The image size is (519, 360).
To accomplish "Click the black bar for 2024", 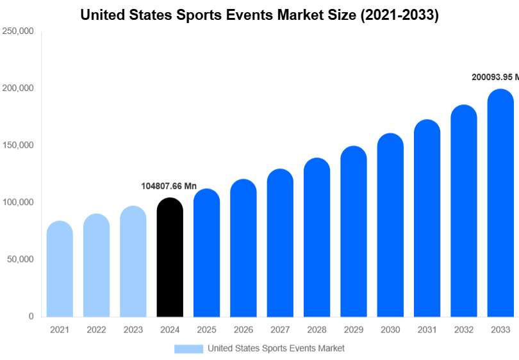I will pyautogui.click(x=170, y=258).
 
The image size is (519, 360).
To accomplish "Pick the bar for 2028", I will pyautogui.click(x=317, y=238).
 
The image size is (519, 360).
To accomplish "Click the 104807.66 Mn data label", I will pyautogui.click(x=169, y=186).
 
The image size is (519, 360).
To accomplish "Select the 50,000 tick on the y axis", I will pyautogui.click(x=21, y=259).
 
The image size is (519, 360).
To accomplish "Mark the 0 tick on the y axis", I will pyautogui.click(x=31, y=316).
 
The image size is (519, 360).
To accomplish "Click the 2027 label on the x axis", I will pyautogui.click(x=280, y=330).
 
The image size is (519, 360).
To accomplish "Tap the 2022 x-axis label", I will pyautogui.click(x=96, y=330).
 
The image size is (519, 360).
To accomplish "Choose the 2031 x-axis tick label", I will pyautogui.click(x=427, y=330).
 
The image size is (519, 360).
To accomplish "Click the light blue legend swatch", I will pyautogui.click(x=188, y=348).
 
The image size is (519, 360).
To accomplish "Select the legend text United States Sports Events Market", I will pyautogui.click(x=276, y=348).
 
